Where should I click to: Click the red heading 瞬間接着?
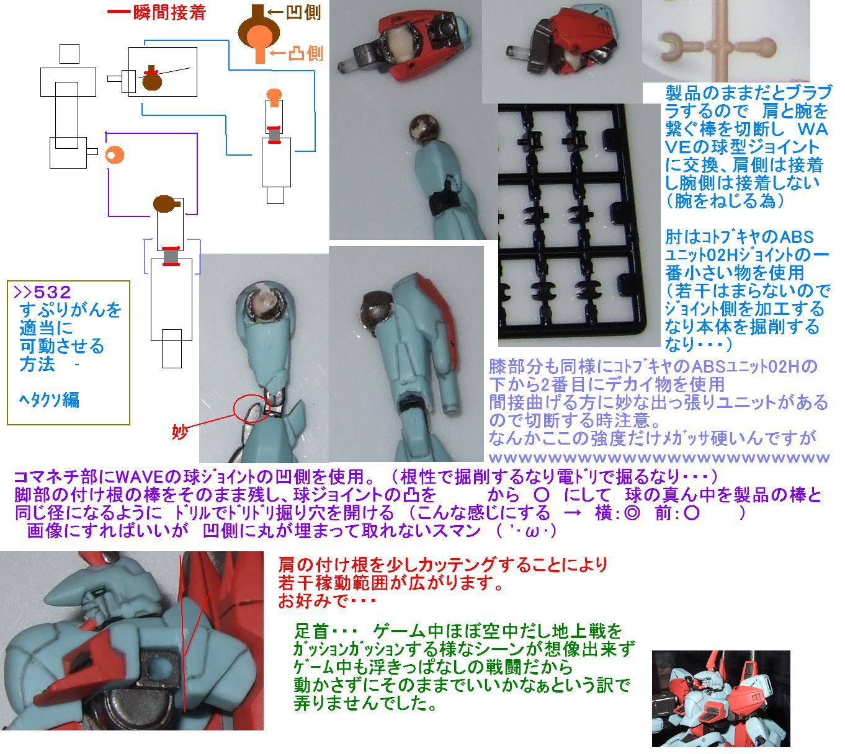click(169, 12)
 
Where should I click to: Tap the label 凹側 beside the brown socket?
click(303, 12)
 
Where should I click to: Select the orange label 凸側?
click(306, 53)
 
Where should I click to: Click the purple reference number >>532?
click(42, 292)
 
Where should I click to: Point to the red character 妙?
click(180, 432)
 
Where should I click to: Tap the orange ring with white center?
click(114, 155)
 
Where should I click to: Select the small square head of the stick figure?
click(69, 54)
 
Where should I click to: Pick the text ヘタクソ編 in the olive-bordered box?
click(49, 400)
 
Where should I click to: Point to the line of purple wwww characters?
click(659, 458)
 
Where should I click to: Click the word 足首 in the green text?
click(311, 631)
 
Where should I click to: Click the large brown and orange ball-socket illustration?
click(259, 33)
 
